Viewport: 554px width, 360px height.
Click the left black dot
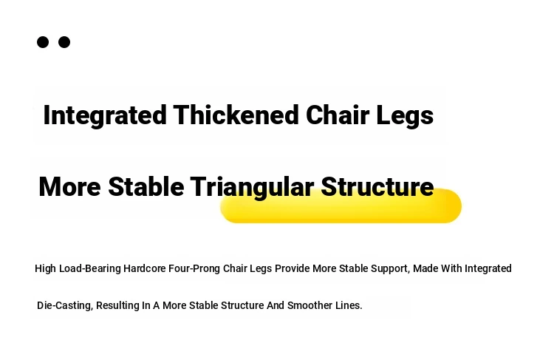pyautogui.click(x=43, y=42)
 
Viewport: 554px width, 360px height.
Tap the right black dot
pyautogui.click(x=64, y=42)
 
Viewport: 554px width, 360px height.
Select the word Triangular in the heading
pyautogui.click(x=252, y=187)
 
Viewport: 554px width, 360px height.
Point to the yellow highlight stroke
pyautogui.click(x=341, y=206)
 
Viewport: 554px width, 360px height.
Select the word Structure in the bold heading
pyautogui.click(x=377, y=186)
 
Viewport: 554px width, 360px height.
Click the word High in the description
pyautogui.click(x=45, y=268)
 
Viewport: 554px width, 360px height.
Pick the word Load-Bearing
pyautogui.click(x=89, y=269)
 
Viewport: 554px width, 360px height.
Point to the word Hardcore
pyautogui.click(x=144, y=268)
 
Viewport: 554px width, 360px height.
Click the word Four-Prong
pyautogui.click(x=194, y=269)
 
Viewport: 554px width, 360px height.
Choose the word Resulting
pyautogui.click(x=117, y=305)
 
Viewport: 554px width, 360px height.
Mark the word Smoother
pyautogui.click(x=310, y=305)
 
